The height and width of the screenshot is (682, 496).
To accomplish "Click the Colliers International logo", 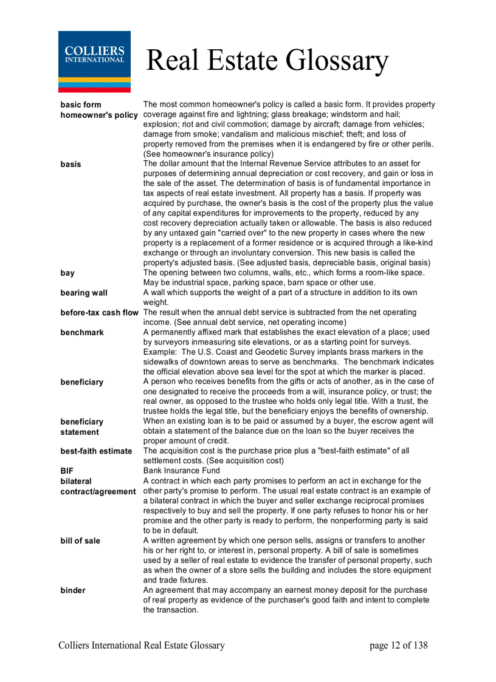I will tap(94, 61).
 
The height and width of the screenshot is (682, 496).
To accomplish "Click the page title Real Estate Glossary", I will tap(267, 61).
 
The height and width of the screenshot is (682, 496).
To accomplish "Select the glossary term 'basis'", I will tap(71, 164).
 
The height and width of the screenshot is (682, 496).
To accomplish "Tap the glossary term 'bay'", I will tap(67, 273).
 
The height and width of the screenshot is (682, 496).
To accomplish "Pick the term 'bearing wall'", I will tap(84, 293).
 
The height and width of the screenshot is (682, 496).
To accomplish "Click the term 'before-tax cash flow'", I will tap(99, 313).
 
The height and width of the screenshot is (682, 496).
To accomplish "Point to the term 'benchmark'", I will tap(82, 332).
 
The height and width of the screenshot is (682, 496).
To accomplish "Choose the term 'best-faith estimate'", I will tap(96, 451).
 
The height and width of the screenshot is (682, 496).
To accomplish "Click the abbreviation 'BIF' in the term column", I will tap(67, 471).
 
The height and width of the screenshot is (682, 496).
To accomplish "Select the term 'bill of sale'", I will tap(80, 540).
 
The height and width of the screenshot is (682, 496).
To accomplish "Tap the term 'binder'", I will tap(73, 590).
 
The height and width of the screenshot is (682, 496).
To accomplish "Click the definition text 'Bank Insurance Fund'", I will tap(182, 471).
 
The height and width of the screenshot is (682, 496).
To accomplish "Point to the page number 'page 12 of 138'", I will tap(398, 646).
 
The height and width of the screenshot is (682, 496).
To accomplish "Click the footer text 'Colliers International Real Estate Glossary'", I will tap(142, 646).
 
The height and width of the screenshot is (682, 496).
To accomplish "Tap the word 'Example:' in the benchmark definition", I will tap(160, 352).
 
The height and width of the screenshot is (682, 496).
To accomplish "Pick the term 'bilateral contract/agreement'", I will tap(97, 486).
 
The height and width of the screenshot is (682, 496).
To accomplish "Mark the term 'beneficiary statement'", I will tap(81, 427).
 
